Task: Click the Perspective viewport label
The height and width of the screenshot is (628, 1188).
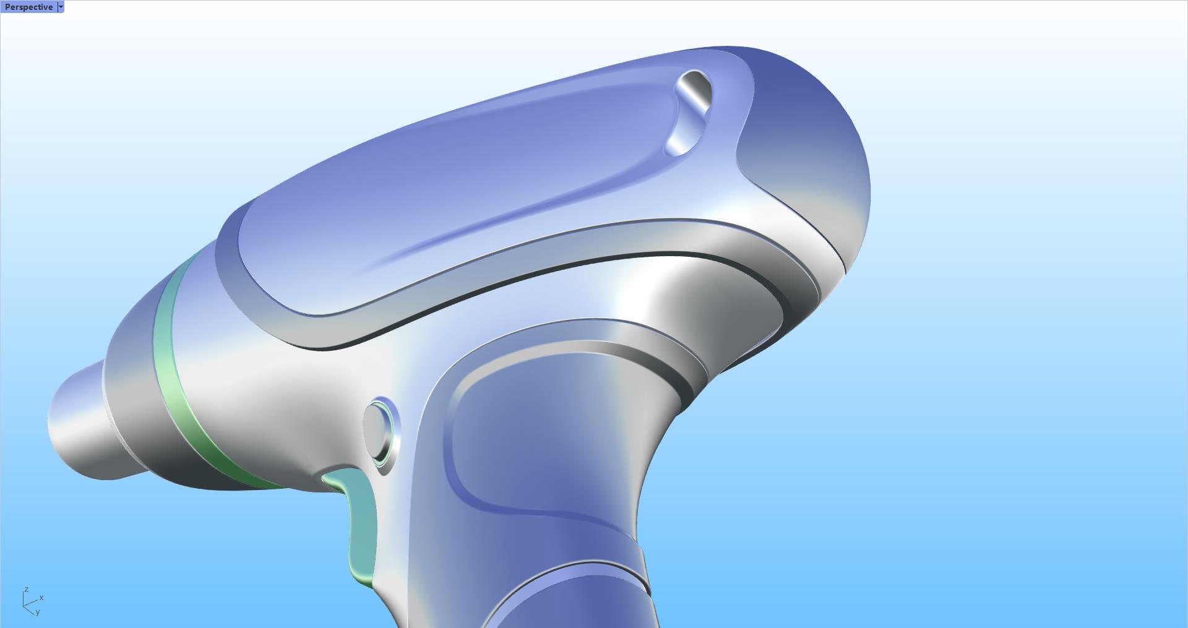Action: tap(28, 7)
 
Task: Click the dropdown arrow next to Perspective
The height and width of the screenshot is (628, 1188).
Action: tap(60, 7)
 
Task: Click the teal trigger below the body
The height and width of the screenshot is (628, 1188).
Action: tap(362, 526)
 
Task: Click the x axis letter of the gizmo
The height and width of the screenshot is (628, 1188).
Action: tap(41, 598)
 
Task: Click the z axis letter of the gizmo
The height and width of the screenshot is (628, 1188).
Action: tap(27, 590)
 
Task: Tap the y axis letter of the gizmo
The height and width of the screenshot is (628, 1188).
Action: tap(37, 612)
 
